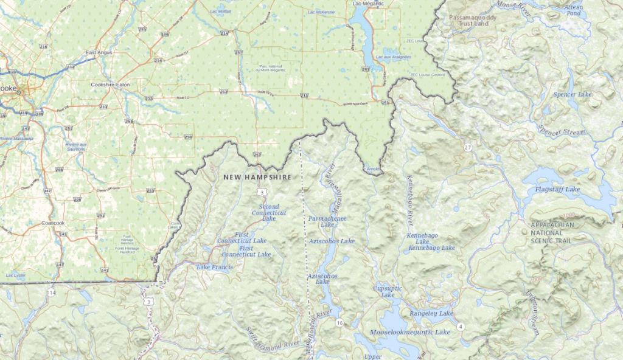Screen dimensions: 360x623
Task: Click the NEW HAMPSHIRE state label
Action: (257, 177)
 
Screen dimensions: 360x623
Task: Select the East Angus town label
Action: (99, 53)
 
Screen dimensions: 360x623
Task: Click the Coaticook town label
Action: (53, 223)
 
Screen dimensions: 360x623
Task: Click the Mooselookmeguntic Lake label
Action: (410, 332)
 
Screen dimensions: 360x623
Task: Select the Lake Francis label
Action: (215, 267)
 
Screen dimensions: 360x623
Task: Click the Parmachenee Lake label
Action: (328, 221)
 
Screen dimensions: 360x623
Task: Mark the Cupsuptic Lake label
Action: (388, 291)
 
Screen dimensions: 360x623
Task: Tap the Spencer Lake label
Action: (572, 95)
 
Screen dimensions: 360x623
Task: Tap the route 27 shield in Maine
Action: (467, 148)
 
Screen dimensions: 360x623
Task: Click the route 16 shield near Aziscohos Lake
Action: (339, 322)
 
